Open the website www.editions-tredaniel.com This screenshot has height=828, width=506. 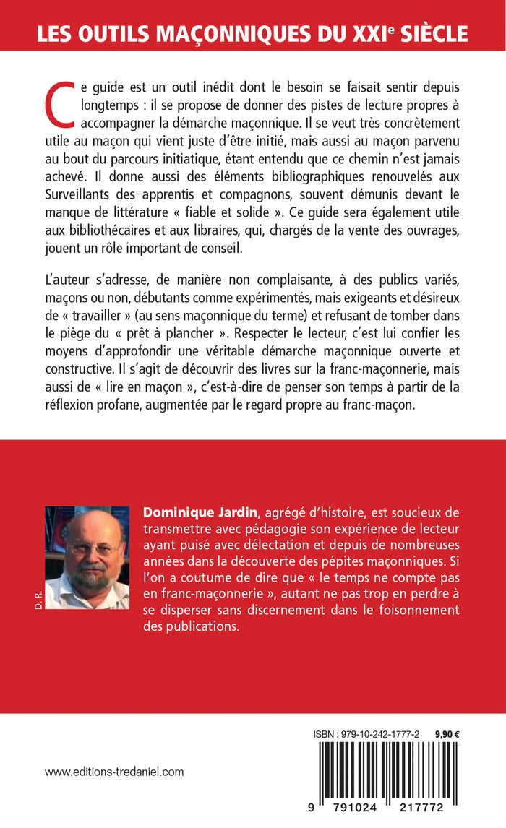tap(114, 772)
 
